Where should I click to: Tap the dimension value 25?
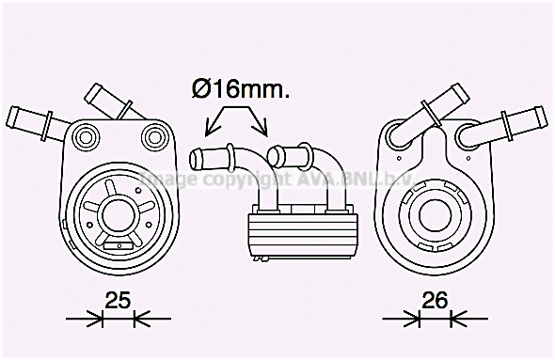(x=118, y=301)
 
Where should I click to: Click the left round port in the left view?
(x=86, y=137)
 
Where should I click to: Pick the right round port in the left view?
(x=152, y=138)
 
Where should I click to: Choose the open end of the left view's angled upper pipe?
(x=94, y=92)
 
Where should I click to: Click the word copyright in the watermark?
(x=230, y=179)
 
